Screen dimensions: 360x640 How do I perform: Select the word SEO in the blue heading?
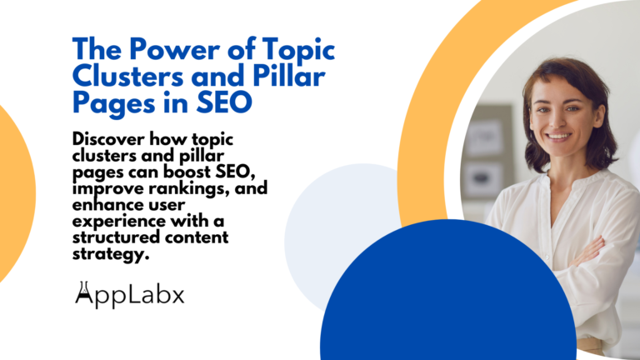coord(227,104)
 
